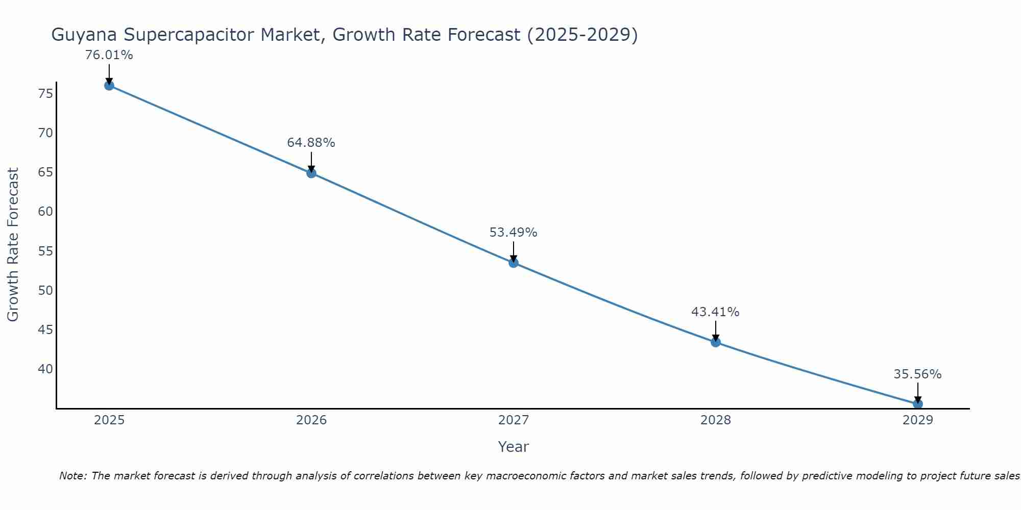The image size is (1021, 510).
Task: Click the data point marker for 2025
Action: [x=109, y=86]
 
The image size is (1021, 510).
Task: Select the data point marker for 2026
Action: [x=311, y=173]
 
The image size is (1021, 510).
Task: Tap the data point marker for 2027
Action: [x=514, y=263]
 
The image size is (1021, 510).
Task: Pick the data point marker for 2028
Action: [x=716, y=342]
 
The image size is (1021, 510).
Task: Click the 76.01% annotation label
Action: [x=109, y=55]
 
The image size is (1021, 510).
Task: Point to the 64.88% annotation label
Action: [x=311, y=143]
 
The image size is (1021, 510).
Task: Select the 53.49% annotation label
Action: [x=513, y=233]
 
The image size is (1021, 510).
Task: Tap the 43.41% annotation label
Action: [x=715, y=312]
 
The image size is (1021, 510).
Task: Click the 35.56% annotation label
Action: [x=917, y=374]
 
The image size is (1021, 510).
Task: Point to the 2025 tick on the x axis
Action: [x=109, y=420]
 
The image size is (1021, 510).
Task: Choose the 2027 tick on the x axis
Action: [x=514, y=420]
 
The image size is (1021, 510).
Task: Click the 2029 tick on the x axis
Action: [x=918, y=420]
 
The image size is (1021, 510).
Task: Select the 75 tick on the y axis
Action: [x=45, y=94]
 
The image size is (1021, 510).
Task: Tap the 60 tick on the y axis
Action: [x=45, y=212]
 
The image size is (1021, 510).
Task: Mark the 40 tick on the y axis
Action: [x=45, y=369]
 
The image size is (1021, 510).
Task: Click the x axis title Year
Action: [x=513, y=447]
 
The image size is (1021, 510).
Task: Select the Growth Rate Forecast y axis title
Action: [x=13, y=245]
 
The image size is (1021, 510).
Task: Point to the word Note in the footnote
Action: [x=73, y=476]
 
